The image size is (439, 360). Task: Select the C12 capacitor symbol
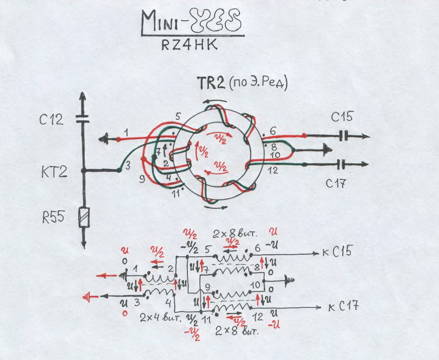coord(83,119)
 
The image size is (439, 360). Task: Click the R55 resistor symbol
coord(84,218)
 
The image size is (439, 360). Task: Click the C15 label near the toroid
coord(342,117)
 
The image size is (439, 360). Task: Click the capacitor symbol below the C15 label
coord(344,136)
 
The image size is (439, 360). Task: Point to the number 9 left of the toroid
coord(141,177)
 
